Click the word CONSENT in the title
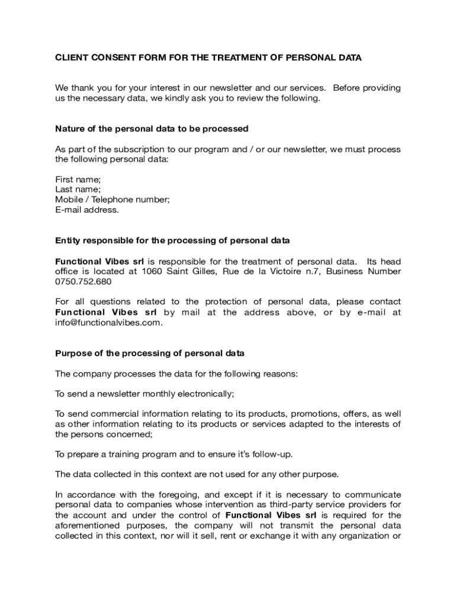108,58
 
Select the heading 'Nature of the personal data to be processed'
152,128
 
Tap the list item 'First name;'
78,179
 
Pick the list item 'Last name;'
78,189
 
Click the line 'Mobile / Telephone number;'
113,199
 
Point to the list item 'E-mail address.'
87,209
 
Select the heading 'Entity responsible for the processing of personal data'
172,240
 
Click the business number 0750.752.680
82,282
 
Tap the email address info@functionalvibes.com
108,323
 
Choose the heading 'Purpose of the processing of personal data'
150,353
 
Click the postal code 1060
152,272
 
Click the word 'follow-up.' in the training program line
271,454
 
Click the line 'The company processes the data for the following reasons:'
177,373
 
